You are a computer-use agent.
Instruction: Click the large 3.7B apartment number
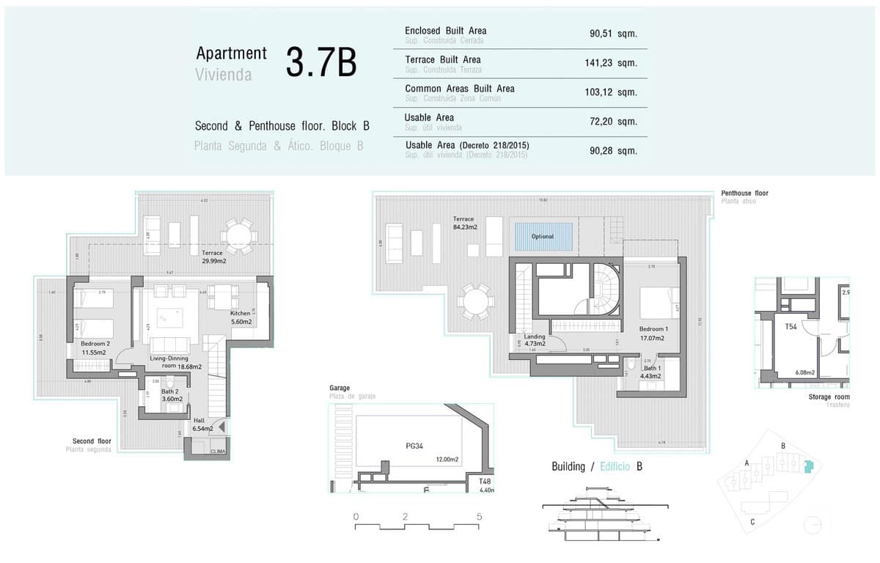(x=320, y=63)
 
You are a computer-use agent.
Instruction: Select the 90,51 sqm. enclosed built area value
(x=613, y=34)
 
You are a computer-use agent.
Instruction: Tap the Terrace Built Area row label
(x=443, y=59)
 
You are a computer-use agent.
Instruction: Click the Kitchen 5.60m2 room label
(x=240, y=317)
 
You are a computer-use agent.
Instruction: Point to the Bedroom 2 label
(x=95, y=344)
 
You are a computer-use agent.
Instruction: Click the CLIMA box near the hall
(x=219, y=452)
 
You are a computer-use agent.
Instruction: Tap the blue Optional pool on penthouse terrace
(x=543, y=237)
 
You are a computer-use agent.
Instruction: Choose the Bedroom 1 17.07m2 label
(x=652, y=334)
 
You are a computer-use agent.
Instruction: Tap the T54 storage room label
(x=791, y=327)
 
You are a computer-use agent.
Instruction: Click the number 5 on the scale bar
(x=479, y=517)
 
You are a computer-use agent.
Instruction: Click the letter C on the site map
(x=752, y=522)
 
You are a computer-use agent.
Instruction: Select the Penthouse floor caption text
(x=744, y=193)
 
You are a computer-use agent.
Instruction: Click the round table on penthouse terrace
(x=476, y=303)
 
